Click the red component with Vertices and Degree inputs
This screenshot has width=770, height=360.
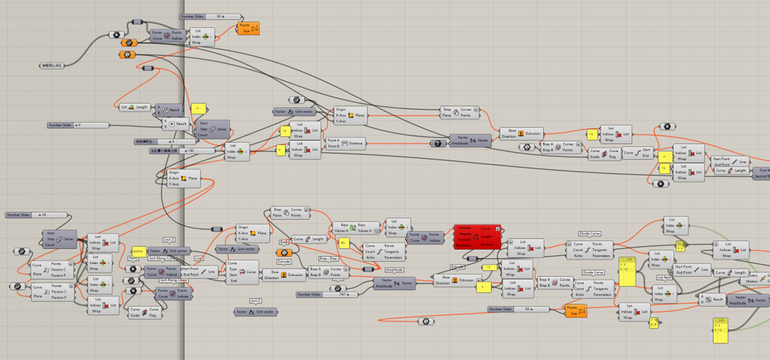pyautogui.click(x=477, y=237)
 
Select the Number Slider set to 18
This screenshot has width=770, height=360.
pyautogui.click(x=36, y=215)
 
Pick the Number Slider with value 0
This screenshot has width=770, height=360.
pyautogui.click(x=78, y=125)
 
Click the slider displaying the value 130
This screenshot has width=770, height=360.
pyautogui.click(x=183, y=151)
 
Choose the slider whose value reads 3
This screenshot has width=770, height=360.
pyautogui.click(x=165, y=142)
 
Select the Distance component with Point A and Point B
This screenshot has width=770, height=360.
pyautogui.click(x=345, y=143)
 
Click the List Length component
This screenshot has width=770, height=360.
pyautogui.click(x=134, y=107)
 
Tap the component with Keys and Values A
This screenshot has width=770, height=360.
pyautogui.click(x=355, y=228)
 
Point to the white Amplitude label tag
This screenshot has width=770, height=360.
pyautogui.click(x=394, y=270)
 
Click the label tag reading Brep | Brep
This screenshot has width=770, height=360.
pyautogui.click(x=328, y=259)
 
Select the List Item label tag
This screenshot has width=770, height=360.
pyautogui.click(x=664, y=277)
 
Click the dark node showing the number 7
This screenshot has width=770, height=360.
pyautogui.click(x=438, y=144)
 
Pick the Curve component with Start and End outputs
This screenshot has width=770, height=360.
pyautogui.click(x=638, y=153)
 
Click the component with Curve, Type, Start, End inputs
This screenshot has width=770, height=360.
pyautogui.click(x=243, y=272)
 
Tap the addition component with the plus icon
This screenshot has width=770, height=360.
pyautogui.click(x=176, y=124)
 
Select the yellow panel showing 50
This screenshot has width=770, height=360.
pyautogui.click(x=343, y=243)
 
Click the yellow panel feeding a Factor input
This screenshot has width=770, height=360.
pyautogui.click(x=138, y=251)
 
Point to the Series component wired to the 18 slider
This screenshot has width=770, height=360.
pyautogui.click(x=60, y=239)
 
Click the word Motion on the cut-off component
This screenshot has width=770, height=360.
pyautogui.click(x=752, y=281)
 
